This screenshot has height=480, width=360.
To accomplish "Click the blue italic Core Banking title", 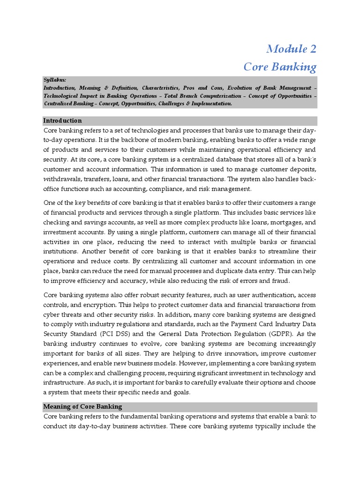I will point(280,67).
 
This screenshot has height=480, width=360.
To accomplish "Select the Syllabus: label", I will point(55,80).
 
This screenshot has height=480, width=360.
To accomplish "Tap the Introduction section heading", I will point(62,120).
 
